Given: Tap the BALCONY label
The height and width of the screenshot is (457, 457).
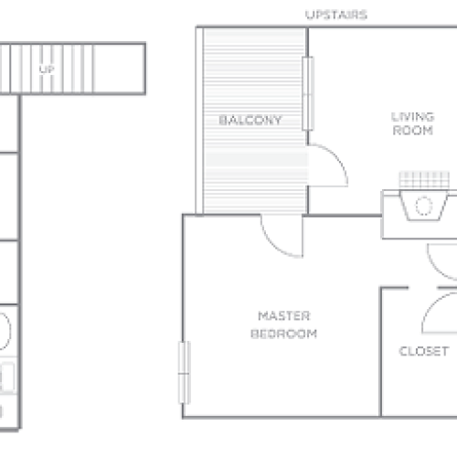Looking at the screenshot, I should tap(250, 120).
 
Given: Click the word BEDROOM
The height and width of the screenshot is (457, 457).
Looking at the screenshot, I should tap(283, 334).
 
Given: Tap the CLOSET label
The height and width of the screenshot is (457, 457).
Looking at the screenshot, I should tap(423, 351).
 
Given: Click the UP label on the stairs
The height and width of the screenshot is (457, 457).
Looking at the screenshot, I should tap(45, 69).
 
